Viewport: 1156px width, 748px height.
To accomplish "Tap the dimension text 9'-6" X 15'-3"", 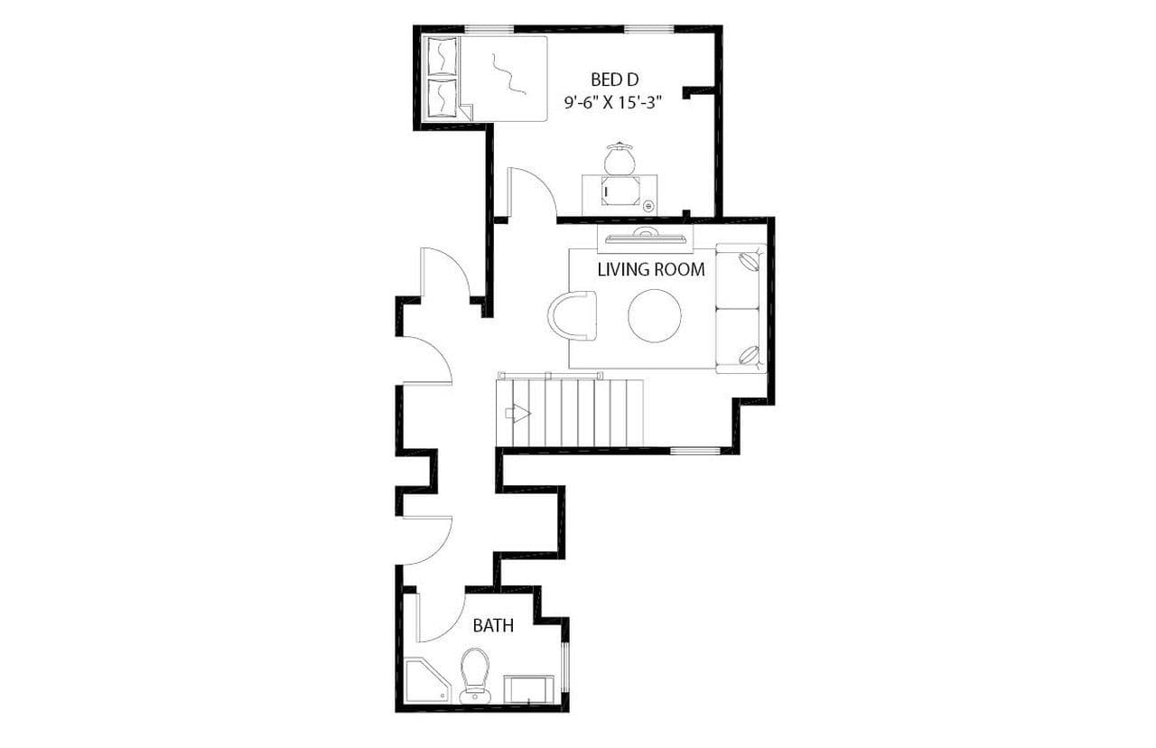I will coord(614,103).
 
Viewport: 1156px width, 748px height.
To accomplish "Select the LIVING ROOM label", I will coord(650,269).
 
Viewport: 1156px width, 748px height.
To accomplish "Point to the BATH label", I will coord(494,625).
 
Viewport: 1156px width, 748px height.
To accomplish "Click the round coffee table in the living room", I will coord(655,315).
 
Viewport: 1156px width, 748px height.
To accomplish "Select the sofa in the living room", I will coord(741,308).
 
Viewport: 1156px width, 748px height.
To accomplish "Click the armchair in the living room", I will coord(573,315).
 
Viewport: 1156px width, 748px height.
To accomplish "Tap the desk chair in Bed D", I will coord(620,159).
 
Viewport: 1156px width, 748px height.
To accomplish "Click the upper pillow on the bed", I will coord(442,57).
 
